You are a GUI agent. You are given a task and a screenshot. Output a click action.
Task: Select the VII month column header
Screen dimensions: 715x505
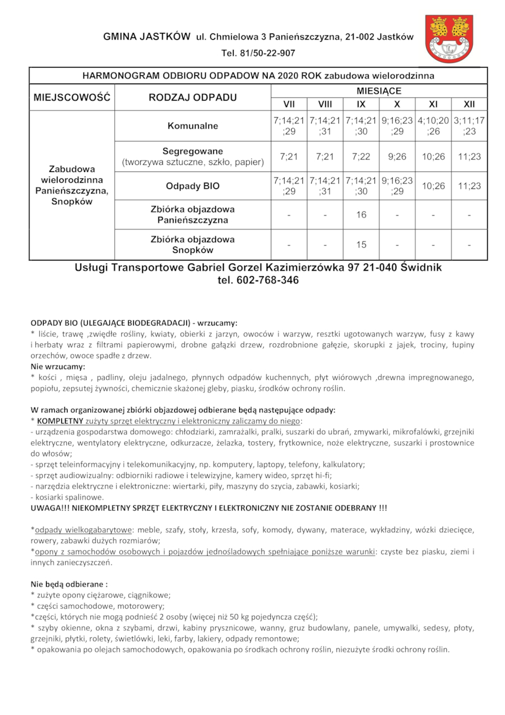pyautogui.click(x=288, y=104)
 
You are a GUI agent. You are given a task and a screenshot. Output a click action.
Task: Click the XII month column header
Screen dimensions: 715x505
pyautogui.click(x=469, y=104)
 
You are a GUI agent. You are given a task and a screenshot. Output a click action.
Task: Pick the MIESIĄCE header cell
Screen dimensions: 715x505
pyautogui.click(x=379, y=91)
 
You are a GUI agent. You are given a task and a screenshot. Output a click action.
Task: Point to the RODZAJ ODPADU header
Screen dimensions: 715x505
pyautogui.click(x=193, y=97)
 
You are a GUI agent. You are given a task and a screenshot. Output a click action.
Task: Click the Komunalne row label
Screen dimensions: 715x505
pyautogui.click(x=193, y=126)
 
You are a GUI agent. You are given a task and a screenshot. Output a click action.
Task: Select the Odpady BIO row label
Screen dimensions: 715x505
pyautogui.click(x=193, y=186)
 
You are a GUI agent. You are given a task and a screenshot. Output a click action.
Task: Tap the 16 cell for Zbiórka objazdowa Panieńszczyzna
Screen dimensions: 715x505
pyautogui.click(x=361, y=215)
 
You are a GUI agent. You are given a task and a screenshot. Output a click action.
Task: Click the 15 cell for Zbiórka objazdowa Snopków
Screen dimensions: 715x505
pyautogui.click(x=361, y=245)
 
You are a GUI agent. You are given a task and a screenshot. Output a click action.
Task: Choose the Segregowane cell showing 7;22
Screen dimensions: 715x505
pyautogui.click(x=361, y=156)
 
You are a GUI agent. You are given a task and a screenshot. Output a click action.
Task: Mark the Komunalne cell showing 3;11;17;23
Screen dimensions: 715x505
pyautogui.click(x=469, y=126)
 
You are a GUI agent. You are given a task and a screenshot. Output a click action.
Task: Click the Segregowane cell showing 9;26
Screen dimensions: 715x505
pyautogui.click(x=397, y=156)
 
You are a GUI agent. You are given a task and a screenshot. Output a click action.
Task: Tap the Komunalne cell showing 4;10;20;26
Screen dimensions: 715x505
pyautogui.click(x=433, y=126)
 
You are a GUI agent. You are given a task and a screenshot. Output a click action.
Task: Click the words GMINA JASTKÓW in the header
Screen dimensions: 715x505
pyautogui.click(x=146, y=37)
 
